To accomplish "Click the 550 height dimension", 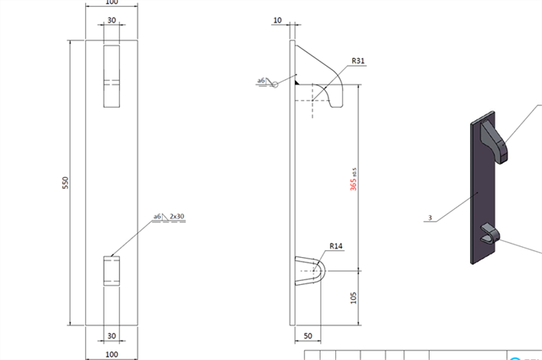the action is pyautogui.click(x=65, y=183).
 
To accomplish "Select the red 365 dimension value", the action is pyautogui.click(x=353, y=184).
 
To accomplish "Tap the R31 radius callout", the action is pyautogui.click(x=358, y=61).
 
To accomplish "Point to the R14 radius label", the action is pyautogui.click(x=335, y=246).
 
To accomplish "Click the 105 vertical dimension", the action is pyautogui.click(x=353, y=298).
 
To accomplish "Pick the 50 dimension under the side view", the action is pyautogui.click(x=308, y=336).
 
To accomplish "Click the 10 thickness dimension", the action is pyautogui.click(x=277, y=20).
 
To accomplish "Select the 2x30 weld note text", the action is pyautogui.click(x=177, y=216).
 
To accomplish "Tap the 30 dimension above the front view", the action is pyautogui.click(x=111, y=20).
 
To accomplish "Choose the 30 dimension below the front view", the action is pyautogui.click(x=111, y=336).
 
